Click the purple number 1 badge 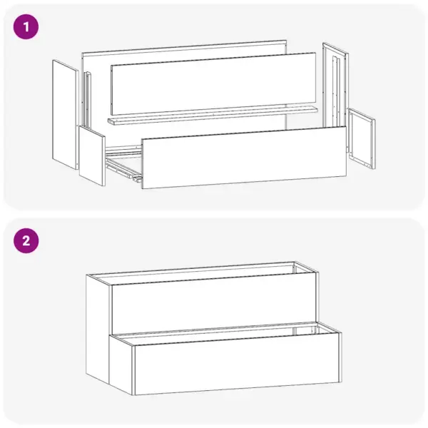tap(26, 28)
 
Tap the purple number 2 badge tap(26, 240)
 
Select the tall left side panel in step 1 tap(65, 114)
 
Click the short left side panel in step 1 tap(92, 156)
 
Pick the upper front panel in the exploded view tap(214, 84)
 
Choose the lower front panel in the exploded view tap(243, 157)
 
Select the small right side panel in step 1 tap(362, 138)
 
